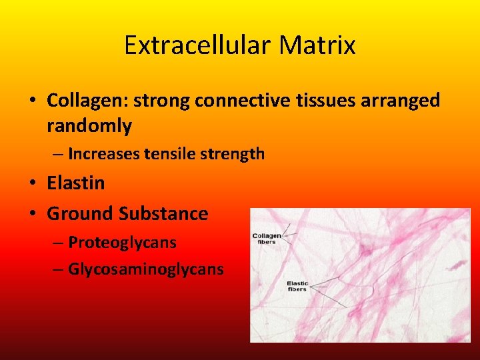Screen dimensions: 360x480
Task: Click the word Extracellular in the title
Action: click(198, 46)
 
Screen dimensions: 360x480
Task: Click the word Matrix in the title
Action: click(317, 46)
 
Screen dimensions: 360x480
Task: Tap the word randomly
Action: click(89, 125)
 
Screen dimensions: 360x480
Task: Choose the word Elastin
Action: click(76, 183)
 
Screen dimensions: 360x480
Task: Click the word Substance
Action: click(163, 214)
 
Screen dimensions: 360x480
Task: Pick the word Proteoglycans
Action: click(122, 243)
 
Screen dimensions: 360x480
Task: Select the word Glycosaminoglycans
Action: click(146, 269)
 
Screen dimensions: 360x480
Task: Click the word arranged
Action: click(400, 101)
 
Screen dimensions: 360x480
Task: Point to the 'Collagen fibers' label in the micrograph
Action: click(267, 239)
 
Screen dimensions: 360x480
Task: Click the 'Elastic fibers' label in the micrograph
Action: click(297, 286)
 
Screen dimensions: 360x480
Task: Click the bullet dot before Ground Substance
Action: click(33, 215)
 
